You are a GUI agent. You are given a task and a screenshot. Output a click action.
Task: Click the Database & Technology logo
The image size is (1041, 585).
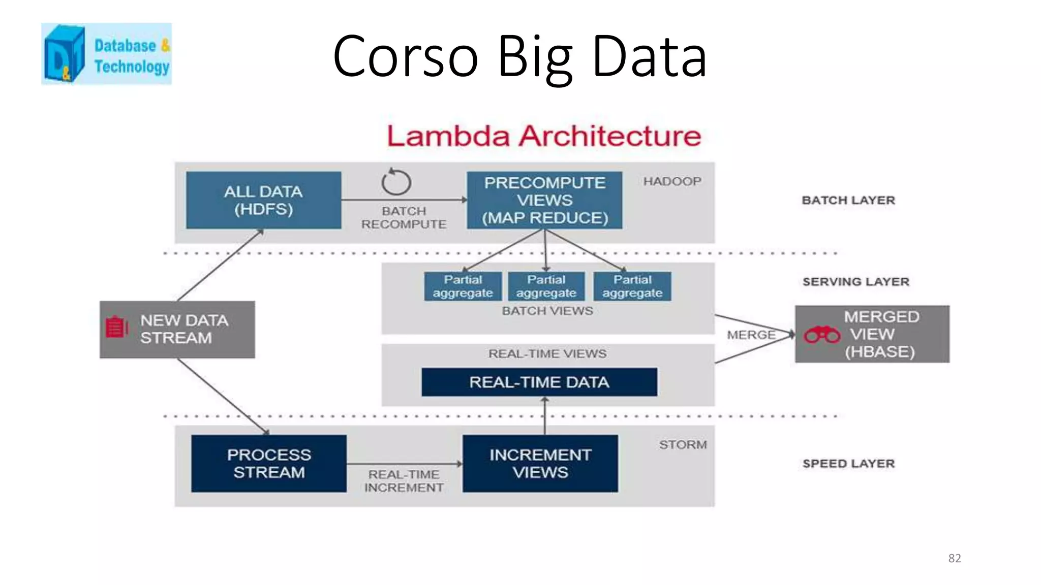coord(106,54)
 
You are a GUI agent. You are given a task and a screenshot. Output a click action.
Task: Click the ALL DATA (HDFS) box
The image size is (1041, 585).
coord(263,200)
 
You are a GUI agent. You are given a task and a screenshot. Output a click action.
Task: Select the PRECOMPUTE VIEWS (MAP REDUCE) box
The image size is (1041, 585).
coord(544,200)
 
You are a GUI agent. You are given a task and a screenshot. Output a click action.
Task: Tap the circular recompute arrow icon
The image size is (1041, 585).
coord(396,182)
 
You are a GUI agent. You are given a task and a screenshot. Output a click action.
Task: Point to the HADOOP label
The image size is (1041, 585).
coord(672,181)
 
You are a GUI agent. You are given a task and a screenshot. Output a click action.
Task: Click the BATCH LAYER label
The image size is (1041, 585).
coord(848,200)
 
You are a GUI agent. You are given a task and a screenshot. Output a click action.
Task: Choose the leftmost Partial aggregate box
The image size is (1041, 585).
coord(463,286)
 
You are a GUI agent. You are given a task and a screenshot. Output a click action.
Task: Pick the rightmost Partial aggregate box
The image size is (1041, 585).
coord(632,286)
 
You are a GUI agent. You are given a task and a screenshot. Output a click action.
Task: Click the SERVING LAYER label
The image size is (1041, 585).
coord(856,282)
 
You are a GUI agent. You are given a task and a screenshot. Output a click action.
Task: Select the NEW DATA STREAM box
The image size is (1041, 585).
coord(177,330)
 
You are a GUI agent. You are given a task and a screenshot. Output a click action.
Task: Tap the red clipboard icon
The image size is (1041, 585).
coord(116,327)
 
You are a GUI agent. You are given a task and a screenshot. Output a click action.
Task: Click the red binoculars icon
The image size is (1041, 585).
coord(822,335)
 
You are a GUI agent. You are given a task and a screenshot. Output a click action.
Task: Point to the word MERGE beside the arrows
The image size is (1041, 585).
coord(751,335)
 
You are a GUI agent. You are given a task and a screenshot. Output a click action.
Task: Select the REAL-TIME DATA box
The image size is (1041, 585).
coord(539,382)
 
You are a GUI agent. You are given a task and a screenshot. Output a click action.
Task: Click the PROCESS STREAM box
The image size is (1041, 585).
coord(269,463)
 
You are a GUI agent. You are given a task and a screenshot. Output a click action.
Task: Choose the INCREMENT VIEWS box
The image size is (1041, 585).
coord(540,463)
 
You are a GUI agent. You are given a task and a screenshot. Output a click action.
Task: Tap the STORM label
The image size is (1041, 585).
coord(683,445)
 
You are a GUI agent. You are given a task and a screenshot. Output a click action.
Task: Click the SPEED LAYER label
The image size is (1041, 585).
coord(848,464)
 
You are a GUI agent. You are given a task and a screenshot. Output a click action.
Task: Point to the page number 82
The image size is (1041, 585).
coord(955,558)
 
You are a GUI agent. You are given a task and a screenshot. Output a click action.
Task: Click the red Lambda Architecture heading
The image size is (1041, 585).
coord(544,136)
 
